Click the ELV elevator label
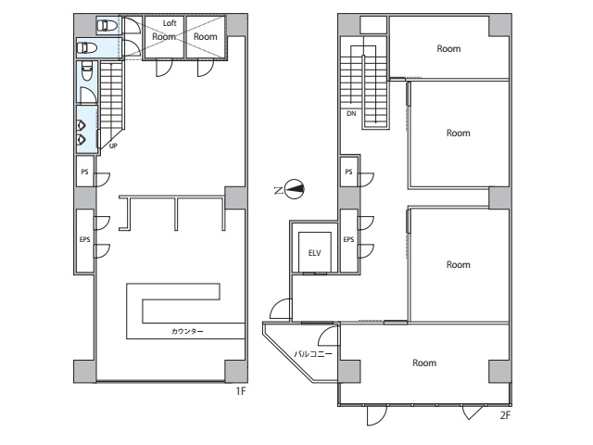[x=315, y=253]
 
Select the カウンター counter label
[x=187, y=332]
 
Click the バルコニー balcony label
[x=313, y=354]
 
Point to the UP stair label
[x=113, y=146]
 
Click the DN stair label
[x=351, y=113]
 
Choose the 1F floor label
[x=241, y=391]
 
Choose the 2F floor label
[x=505, y=415]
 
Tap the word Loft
[x=170, y=23]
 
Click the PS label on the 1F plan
[x=84, y=172]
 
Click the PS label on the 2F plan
[x=348, y=172]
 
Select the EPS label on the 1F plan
[x=84, y=239]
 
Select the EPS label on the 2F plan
[x=348, y=239]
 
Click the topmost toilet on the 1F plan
[x=107, y=26]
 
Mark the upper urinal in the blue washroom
[x=82, y=124]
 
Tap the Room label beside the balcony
[x=424, y=362]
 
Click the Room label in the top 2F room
[x=448, y=48]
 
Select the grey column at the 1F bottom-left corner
[x=84, y=371]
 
